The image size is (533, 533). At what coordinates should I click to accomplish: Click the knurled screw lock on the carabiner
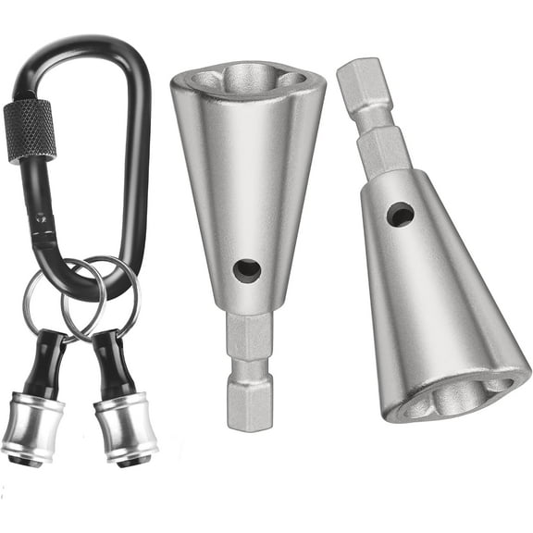click(30, 129)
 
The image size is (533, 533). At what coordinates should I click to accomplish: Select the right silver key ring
click(116, 278)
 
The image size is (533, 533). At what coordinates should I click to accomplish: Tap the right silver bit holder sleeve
click(126, 428)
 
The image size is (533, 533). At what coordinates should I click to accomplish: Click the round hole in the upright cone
click(247, 270)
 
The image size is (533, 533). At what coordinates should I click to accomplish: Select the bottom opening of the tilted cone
click(460, 394)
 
